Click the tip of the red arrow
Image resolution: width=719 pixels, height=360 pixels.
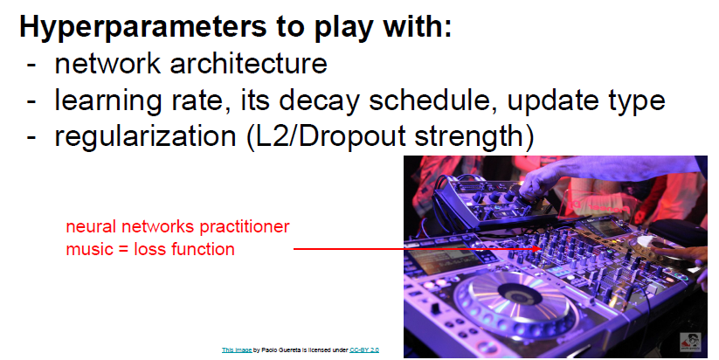(541, 249)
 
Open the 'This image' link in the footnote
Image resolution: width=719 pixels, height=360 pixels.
(236, 350)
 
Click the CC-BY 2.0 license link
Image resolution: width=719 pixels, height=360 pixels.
(364, 350)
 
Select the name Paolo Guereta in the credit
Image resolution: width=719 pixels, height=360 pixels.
(282, 350)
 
